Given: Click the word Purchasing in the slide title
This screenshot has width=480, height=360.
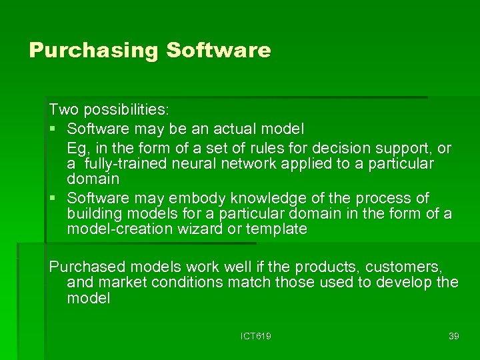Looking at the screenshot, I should click(x=93, y=51).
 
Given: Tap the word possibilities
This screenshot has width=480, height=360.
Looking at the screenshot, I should click(x=117, y=108).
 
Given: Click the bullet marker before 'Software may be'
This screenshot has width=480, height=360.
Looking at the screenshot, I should click(x=53, y=127).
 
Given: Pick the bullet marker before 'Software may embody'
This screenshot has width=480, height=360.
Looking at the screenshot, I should click(x=53, y=199).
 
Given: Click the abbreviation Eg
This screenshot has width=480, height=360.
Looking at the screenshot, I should click(x=77, y=148).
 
